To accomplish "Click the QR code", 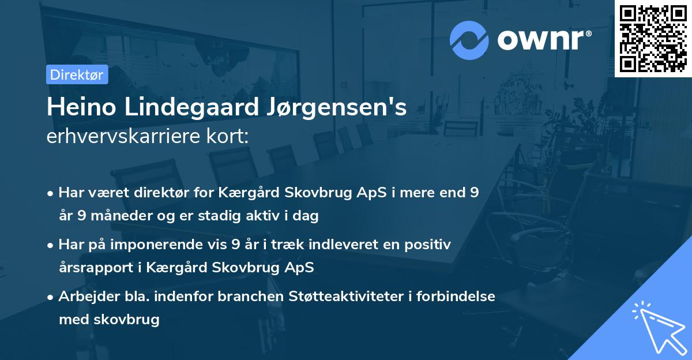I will click(653, 39).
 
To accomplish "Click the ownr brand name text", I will click(544, 40).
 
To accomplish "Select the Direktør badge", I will click(77, 74).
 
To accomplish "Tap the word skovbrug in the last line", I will click(130, 320).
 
